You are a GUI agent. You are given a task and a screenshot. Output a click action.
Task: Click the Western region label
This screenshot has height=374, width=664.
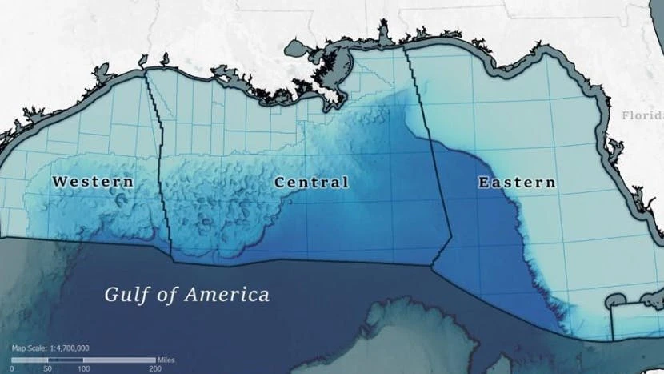point(93,182)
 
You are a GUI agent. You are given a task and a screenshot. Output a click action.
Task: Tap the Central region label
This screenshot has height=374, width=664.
point(311,182)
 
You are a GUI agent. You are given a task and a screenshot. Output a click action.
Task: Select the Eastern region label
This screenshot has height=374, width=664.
point(517,182)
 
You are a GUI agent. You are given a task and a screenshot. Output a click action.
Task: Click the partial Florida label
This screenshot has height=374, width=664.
point(642,115)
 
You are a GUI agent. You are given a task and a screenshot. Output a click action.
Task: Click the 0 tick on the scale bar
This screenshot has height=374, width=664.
point(12,368)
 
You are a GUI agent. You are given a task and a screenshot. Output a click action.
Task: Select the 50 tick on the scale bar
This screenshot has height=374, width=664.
point(47,368)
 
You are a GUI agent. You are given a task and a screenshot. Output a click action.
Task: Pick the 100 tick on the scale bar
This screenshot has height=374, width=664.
point(83,368)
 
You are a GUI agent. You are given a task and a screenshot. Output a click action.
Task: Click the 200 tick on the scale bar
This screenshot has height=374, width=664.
point(154,368)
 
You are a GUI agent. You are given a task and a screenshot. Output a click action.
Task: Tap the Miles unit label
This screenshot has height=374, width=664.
point(165,359)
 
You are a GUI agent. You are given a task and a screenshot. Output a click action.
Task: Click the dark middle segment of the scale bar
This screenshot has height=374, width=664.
point(65,360)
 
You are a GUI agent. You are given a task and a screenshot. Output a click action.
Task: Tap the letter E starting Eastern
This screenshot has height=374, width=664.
point(483,182)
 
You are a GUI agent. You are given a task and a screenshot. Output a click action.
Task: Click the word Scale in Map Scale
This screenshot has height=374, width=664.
point(34,348)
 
